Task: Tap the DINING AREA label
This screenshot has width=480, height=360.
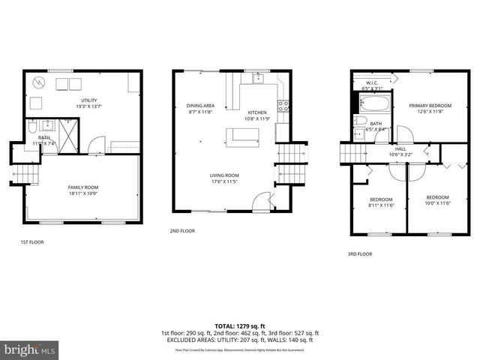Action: click(x=200, y=106)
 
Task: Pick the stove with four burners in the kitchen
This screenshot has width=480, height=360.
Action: click(x=284, y=106)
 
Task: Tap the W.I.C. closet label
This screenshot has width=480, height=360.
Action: click(x=371, y=82)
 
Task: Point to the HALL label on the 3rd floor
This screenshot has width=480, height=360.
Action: click(x=400, y=148)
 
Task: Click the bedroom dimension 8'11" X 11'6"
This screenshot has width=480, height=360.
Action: click(x=381, y=205)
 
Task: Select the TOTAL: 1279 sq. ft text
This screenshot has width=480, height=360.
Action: click(x=239, y=326)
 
